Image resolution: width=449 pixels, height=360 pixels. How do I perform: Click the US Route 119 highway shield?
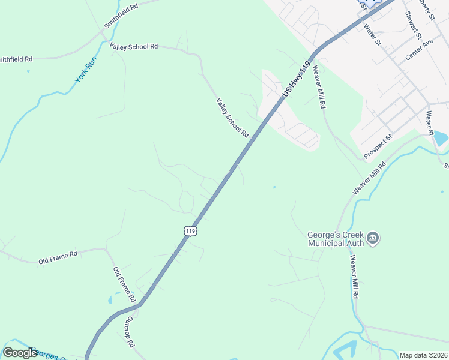pyautogui.click(x=190, y=230)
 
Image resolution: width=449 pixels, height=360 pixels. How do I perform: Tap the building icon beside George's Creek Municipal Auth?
pyautogui.click(x=373, y=239)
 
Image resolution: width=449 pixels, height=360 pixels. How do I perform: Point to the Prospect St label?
pyautogui.click(x=377, y=146)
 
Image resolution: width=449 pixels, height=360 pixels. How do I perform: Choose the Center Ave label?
pyautogui.click(x=419, y=50)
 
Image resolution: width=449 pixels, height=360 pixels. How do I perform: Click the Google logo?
pyautogui.click(x=20, y=352)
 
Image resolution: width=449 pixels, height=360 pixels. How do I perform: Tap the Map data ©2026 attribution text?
pyautogui.click(x=423, y=355)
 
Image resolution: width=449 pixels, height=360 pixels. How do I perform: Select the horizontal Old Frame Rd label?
pyautogui.click(x=58, y=258)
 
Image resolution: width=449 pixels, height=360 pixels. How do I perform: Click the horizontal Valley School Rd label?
pyautogui.click(x=133, y=46)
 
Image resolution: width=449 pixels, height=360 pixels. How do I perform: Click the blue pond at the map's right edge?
pyautogui.click(x=441, y=139)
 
